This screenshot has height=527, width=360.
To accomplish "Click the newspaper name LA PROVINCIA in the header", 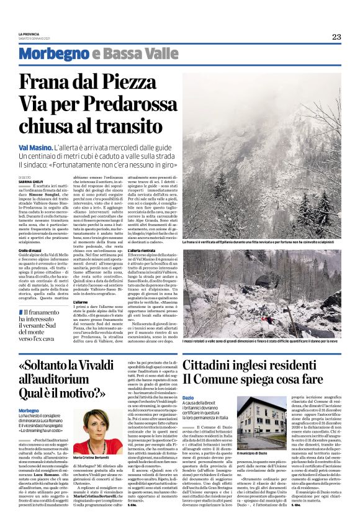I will point(29,34).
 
